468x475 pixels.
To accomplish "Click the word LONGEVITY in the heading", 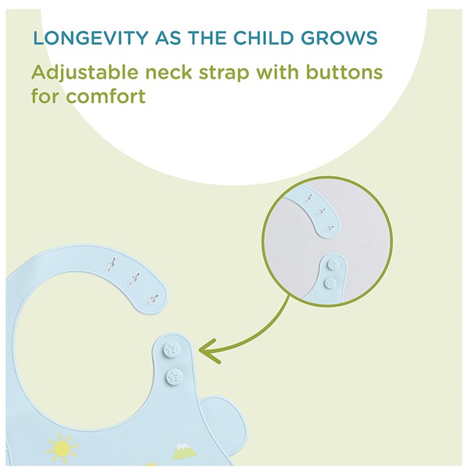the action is tap(90, 38).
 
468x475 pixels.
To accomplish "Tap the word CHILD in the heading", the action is tap(263, 38).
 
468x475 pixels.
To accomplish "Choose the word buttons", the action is tap(345, 73).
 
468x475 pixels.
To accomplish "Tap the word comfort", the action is tap(106, 96).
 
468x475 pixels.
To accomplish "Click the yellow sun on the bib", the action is tap(61, 448).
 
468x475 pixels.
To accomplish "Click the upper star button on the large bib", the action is tap(171, 349).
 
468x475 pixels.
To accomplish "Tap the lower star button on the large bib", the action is tap(174, 377).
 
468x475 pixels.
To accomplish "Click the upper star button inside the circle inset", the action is tap(333, 264).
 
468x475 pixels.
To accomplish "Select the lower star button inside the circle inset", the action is tap(330, 283).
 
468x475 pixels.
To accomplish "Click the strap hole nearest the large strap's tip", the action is tap(152, 300).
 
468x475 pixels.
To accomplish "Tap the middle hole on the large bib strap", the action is tap(134, 279).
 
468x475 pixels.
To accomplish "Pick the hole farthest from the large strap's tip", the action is tap(111, 263).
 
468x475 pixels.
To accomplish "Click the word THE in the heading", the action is tap(207, 38).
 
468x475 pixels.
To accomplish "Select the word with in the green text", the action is tap(278, 73).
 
